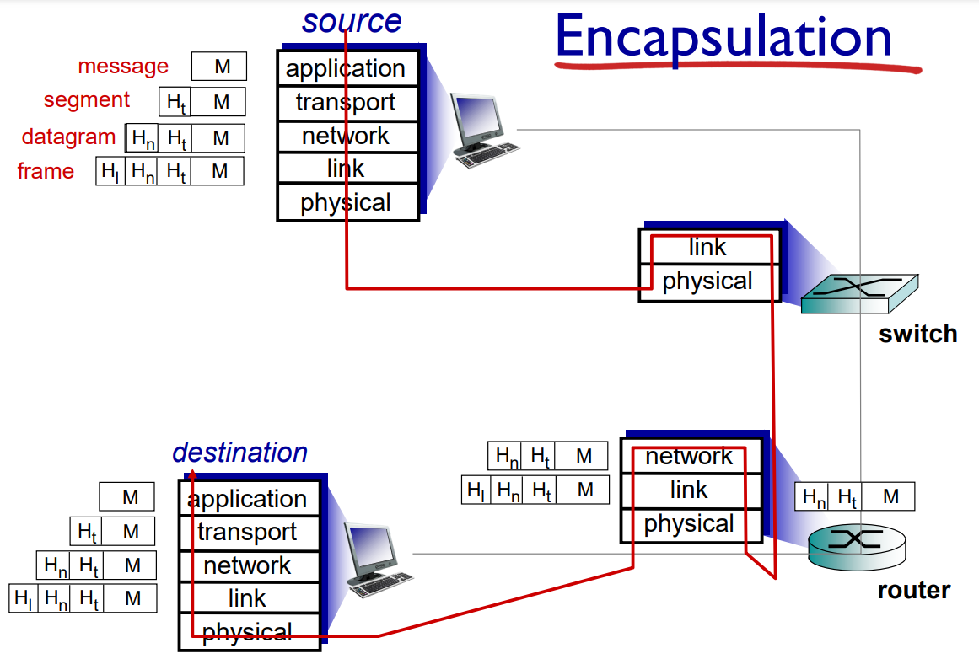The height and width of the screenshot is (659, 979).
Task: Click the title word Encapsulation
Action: coord(723,38)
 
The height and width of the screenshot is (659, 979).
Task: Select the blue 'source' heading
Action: coord(352,22)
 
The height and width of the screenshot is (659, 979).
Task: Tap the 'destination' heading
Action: coord(240,453)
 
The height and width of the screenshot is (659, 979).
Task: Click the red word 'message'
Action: coord(123,66)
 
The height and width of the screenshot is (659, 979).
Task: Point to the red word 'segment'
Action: coord(87,100)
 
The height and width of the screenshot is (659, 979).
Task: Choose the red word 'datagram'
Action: coord(68,137)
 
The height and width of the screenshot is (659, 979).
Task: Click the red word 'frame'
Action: coord(46,171)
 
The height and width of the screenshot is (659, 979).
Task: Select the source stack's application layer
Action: coord(347,68)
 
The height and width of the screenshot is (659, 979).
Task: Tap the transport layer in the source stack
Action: coord(347,102)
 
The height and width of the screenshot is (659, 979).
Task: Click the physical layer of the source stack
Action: coord(347,203)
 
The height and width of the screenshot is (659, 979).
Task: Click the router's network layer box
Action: coord(690,456)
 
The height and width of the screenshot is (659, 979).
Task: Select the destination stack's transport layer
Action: coord(248,532)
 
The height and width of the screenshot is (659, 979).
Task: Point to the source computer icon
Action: coord(482,131)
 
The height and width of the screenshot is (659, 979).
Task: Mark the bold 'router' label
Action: coord(913,590)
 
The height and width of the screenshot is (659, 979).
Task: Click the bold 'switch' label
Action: coord(917,334)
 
